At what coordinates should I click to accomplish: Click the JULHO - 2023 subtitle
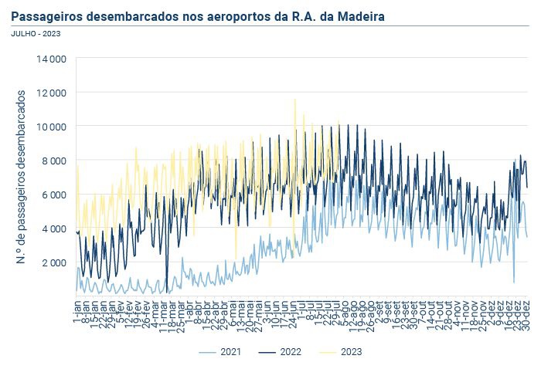[36, 33]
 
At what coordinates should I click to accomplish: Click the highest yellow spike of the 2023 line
[294, 100]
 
